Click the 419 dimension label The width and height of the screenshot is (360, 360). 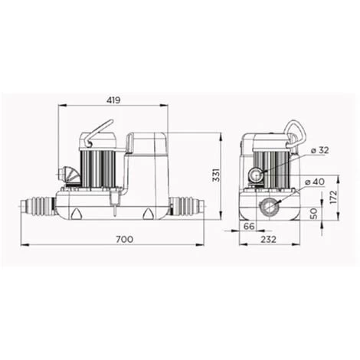(113, 100)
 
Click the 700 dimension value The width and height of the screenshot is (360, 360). (125, 239)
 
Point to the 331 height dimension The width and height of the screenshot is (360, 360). (216, 175)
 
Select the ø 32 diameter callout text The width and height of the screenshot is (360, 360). (320, 150)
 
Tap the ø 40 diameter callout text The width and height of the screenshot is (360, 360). (315, 182)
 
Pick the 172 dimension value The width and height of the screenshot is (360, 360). (333, 197)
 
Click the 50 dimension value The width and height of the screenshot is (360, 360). (313, 214)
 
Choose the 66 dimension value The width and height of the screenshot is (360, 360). (249, 226)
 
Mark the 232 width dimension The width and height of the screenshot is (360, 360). (268, 239)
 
